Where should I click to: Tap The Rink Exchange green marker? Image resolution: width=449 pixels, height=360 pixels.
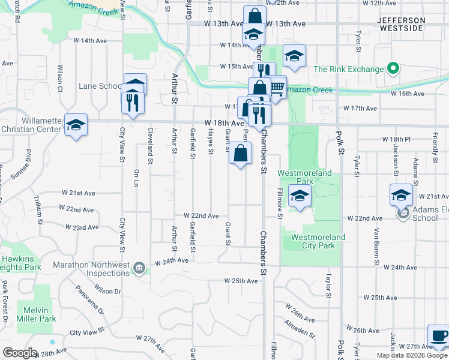pyautogui.click(x=394, y=69)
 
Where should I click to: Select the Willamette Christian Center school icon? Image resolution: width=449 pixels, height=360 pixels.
pyautogui.click(x=76, y=125)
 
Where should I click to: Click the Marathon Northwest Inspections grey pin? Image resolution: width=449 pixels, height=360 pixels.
pyautogui.click(x=139, y=268)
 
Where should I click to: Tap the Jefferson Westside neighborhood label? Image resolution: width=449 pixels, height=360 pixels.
pyautogui.click(x=401, y=24)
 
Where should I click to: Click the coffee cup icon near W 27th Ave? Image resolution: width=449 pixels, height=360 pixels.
pyautogui.click(x=438, y=336)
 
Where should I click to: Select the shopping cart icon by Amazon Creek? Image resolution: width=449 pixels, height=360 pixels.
pyautogui.click(x=276, y=88)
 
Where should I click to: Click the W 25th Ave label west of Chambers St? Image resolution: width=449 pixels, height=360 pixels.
pyautogui.click(x=241, y=281)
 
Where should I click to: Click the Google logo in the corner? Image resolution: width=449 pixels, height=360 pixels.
pyautogui.click(x=20, y=353)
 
